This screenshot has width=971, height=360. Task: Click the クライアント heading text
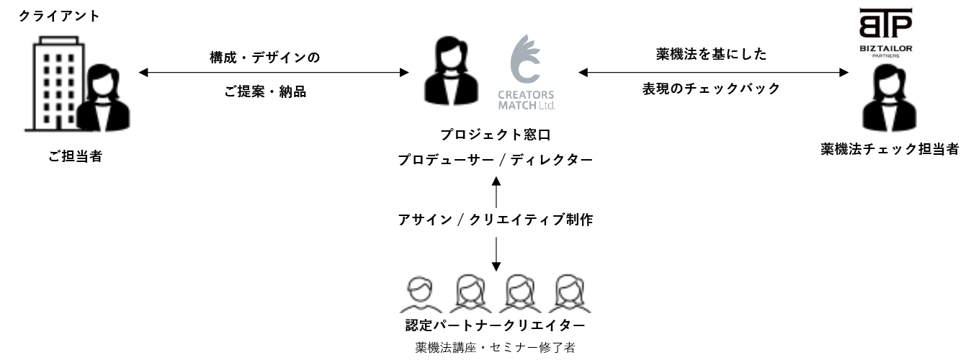coord(59,16)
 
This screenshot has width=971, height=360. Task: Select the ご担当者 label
coord(75,156)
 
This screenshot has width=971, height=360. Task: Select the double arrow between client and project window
coord(273,73)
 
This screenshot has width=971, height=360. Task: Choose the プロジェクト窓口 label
coord(496,135)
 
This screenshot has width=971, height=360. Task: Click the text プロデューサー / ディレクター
coord(496,160)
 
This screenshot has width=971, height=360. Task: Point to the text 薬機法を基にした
coord(712,54)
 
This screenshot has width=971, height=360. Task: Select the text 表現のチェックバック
coord(712,89)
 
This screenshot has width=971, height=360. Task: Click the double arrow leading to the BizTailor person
coord(713,72)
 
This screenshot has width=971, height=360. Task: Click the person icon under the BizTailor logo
coord(885,98)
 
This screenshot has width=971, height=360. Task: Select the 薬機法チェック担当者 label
coord(890,149)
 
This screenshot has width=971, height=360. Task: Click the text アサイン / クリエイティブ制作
coord(496,220)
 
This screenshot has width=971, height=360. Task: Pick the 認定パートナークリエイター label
coord(496,325)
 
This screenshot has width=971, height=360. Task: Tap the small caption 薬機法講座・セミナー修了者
coord(496,348)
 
